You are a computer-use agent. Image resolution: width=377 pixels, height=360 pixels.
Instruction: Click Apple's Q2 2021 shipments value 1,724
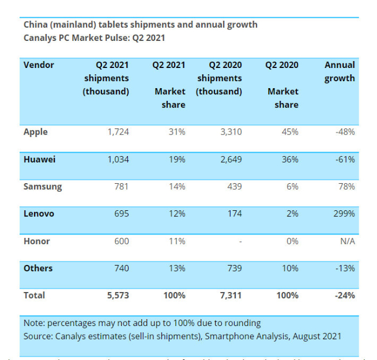click(x=118, y=132)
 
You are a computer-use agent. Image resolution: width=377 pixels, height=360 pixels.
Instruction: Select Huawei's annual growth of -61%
click(x=345, y=159)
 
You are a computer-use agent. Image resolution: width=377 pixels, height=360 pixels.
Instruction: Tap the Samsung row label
click(x=43, y=187)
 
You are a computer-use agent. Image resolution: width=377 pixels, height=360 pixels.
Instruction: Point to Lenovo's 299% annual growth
click(x=344, y=214)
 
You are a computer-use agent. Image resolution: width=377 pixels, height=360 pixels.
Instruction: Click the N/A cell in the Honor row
click(x=347, y=241)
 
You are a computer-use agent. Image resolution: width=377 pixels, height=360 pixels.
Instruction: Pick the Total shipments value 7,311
click(x=230, y=295)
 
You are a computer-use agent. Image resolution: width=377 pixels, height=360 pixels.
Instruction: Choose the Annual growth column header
click(x=340, y=71)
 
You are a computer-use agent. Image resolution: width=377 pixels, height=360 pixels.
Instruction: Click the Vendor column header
click(x=39, y=65)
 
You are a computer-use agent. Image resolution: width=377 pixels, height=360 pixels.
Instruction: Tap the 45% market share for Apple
click(x=290, y=132)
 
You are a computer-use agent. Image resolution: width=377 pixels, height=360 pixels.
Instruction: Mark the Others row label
click(x=38, y=268)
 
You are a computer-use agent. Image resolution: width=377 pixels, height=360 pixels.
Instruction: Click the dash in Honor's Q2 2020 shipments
click(x=240, y=241)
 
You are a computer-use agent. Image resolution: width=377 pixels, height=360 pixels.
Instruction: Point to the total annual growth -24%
click(x=344, y=295)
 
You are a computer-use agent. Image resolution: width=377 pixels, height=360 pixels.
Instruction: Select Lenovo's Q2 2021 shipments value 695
click(x=120, y=214)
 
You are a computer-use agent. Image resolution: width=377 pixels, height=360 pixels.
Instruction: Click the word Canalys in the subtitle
click(x=40, y=37)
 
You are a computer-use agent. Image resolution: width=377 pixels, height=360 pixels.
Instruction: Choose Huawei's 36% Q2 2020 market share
click(x=290, y=159)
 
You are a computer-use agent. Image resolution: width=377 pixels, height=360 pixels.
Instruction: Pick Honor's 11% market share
click(x=177, y=241)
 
